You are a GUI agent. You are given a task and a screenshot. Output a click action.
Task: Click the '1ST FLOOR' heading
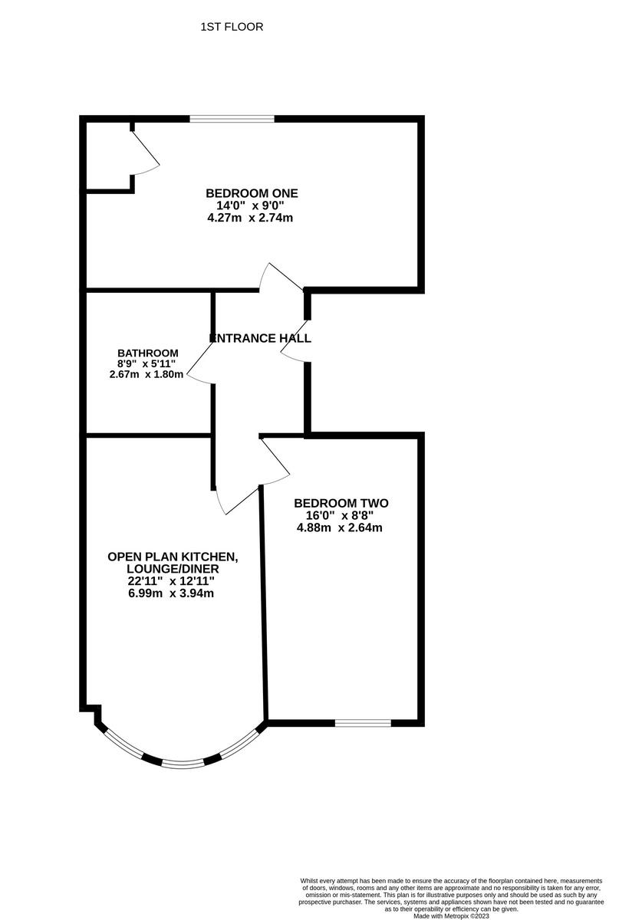(232, 27)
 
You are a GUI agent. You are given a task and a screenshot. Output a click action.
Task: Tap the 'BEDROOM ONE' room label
(251, 193)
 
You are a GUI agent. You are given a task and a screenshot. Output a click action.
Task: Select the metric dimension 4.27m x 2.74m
(251, 218)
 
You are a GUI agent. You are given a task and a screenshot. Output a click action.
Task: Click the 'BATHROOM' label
(148, 353)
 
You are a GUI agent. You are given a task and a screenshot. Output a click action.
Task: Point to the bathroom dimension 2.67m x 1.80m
(146, 374)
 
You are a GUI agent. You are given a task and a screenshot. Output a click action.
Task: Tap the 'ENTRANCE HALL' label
(261, 337)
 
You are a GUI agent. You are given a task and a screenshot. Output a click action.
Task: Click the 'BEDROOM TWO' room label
(341, 504)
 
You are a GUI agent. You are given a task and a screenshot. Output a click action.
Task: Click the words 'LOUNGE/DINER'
(173, 569)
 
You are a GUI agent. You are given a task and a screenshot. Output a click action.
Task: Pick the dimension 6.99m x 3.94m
(171, 593)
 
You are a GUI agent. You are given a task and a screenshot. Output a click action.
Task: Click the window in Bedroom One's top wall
(232, 119)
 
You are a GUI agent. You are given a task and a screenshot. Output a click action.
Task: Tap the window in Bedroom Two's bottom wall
(362, 722)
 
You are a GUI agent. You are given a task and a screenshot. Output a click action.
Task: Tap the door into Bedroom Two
(276, 460)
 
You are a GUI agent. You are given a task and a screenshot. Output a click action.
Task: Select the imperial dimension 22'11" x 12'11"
(171, 581)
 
